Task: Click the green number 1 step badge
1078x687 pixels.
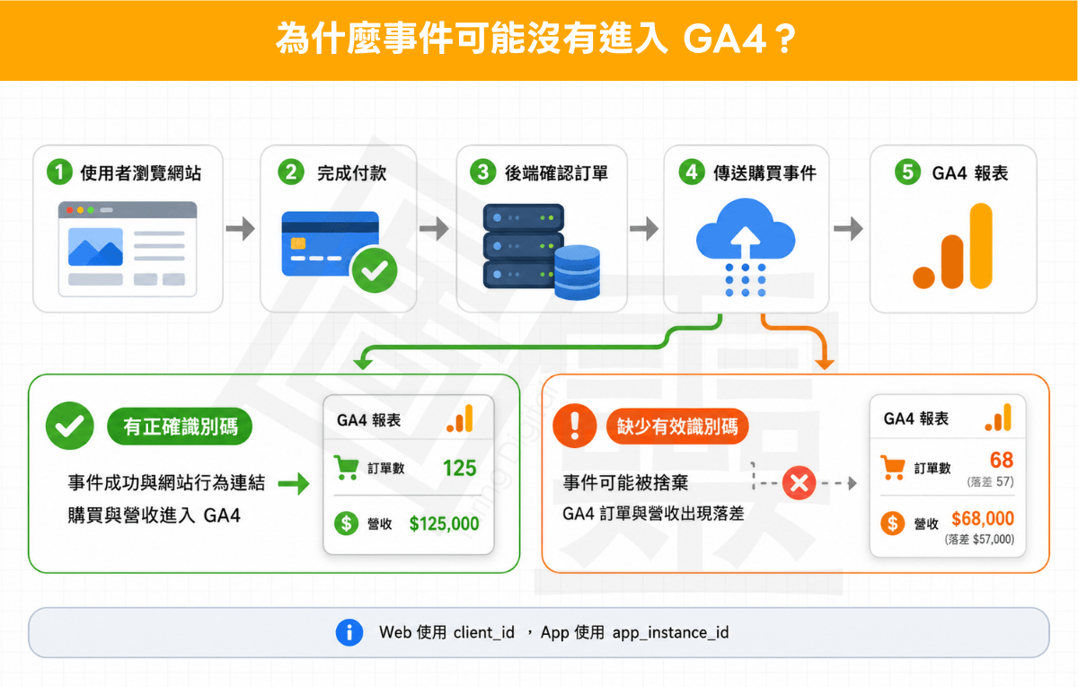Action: [x=59, y=172]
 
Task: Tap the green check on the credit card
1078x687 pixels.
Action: [x=375, y=270]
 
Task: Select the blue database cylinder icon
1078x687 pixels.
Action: [x=577, y=272]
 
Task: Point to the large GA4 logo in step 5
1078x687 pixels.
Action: [x=953, y=246]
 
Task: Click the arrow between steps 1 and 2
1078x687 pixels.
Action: [x=241, y=228]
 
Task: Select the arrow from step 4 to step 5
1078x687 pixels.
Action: [x=848, y=228]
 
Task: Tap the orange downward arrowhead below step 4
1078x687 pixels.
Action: [x=825, y=364]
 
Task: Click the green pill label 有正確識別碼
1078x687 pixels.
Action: [x=180, y=427]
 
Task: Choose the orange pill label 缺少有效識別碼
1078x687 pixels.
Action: [x=677, y=427]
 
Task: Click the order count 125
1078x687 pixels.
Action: [x=459, y=468]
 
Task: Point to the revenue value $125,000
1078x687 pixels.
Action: [x=444, y=524]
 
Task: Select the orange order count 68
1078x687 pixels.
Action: [x=1002, y=460]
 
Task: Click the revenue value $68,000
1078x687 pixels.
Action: [x=982, y=518]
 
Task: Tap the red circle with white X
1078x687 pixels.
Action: [x=799, y=483]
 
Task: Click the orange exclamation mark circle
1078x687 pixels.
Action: [x=575, y=427]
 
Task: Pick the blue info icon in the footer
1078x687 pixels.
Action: [x=349, y=632]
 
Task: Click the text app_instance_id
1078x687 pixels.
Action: [x=670, y=632]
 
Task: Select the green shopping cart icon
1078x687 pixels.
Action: [x=347, y=468]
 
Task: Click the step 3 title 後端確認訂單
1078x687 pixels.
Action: [x=556, y=173]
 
